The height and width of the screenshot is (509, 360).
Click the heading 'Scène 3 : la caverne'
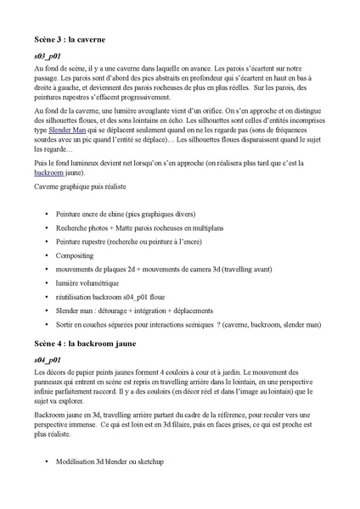[69, 39]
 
